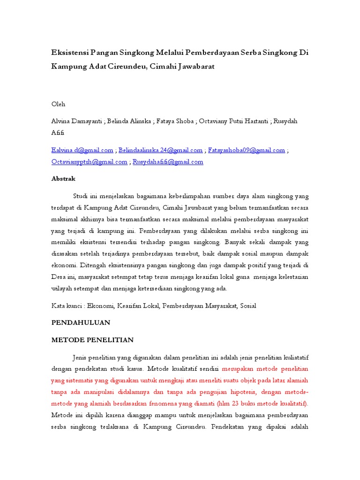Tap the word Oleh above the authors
pyautogui.click(x=59, y=104)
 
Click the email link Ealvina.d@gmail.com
pyautogui.click(x=82, y=150)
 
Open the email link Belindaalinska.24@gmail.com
pyautogui.click(x=161, y=150)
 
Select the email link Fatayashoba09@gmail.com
pyautogui.click(x=247, y=150)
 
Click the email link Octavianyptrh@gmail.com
pyautogui.click(x=89, y=162)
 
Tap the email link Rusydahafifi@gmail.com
pyautogui.click(x=168, y=162)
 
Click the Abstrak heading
pyautogui.click(x=63, y=179)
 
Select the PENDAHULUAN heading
pyautogui.click(x=81, y=322)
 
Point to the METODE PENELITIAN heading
pyautogui.click(x=92, y=340)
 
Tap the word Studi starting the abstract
pyautogui.click(x=81, y=196)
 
